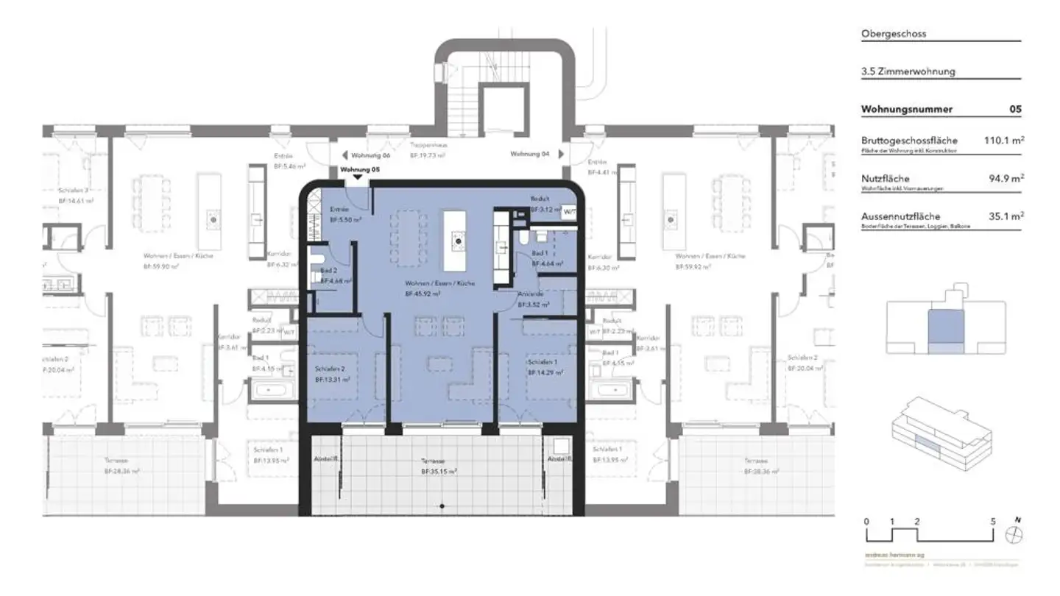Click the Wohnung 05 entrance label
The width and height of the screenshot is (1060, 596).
tap(361, 169)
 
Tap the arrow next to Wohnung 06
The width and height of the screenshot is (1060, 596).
tap(343, 155)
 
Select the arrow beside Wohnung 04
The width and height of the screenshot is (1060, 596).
tap(562, 155)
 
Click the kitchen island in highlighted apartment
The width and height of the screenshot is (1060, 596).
tap(456, 240)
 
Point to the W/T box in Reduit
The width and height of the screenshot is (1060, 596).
tap(569, 210)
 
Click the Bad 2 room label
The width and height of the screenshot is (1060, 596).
tap(329, 271)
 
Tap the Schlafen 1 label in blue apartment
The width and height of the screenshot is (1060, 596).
tap(541, 363)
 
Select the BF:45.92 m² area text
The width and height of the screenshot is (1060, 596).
tap(423, 293)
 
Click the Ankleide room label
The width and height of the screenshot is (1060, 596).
tap(530, 294)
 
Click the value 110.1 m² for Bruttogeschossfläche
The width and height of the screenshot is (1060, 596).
tap(1005, 140)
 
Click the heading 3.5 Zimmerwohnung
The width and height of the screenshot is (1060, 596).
tap(908, 71)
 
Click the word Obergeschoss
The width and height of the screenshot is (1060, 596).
tap(894, 34)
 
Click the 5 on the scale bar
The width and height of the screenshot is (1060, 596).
tap(994, 521)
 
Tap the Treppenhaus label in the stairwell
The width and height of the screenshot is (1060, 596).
tap(430, 146)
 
